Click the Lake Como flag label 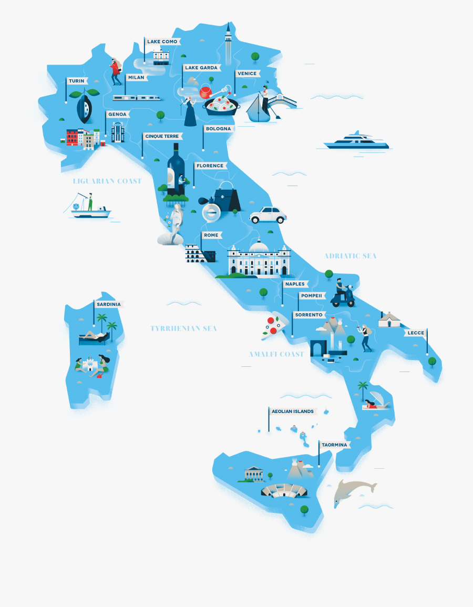[x=162, y=42]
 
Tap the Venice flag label [x=247, y=74]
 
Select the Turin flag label [x=77, y=81]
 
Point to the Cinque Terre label [x=164, y=136]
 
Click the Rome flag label [x=211, y=235]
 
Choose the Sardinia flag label [x=109, y=304]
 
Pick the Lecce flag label [x=416, y=333]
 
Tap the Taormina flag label [x=335, y=445]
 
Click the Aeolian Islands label [x=293, y=411]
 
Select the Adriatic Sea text [x=351, y=256]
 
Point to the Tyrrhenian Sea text [x=183, y=328]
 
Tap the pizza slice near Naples [x=274, y=325]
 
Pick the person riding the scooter [x=341, y=290]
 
